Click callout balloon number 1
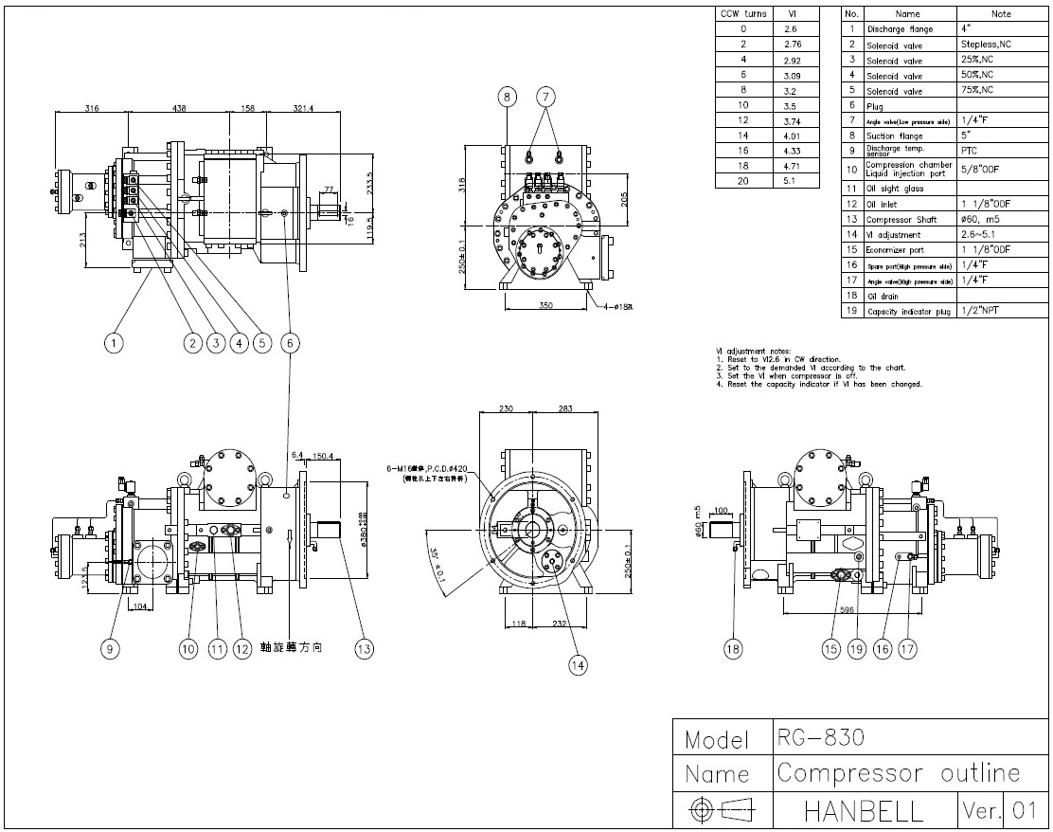[114, 342]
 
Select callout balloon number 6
[290, 342]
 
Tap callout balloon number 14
[578, 664]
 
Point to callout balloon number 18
[733, 648]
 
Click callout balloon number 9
[112, 648]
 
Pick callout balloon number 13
[365, 648]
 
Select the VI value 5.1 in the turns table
[790, 180]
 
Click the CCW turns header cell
[742, 14]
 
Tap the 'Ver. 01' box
[992, 811]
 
